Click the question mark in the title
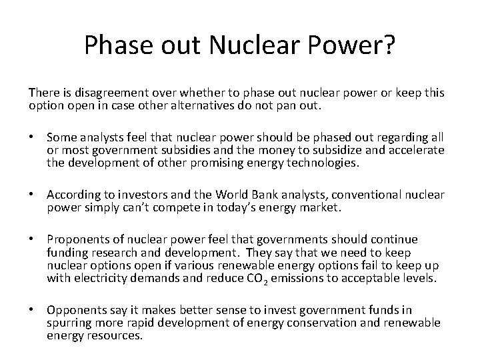click(388, 45)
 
